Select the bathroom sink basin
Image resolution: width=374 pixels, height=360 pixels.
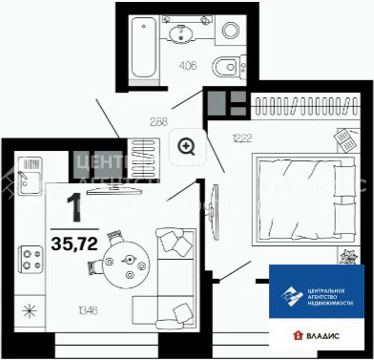(182, 34)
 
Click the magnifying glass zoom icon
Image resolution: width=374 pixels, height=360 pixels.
(187, 146)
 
